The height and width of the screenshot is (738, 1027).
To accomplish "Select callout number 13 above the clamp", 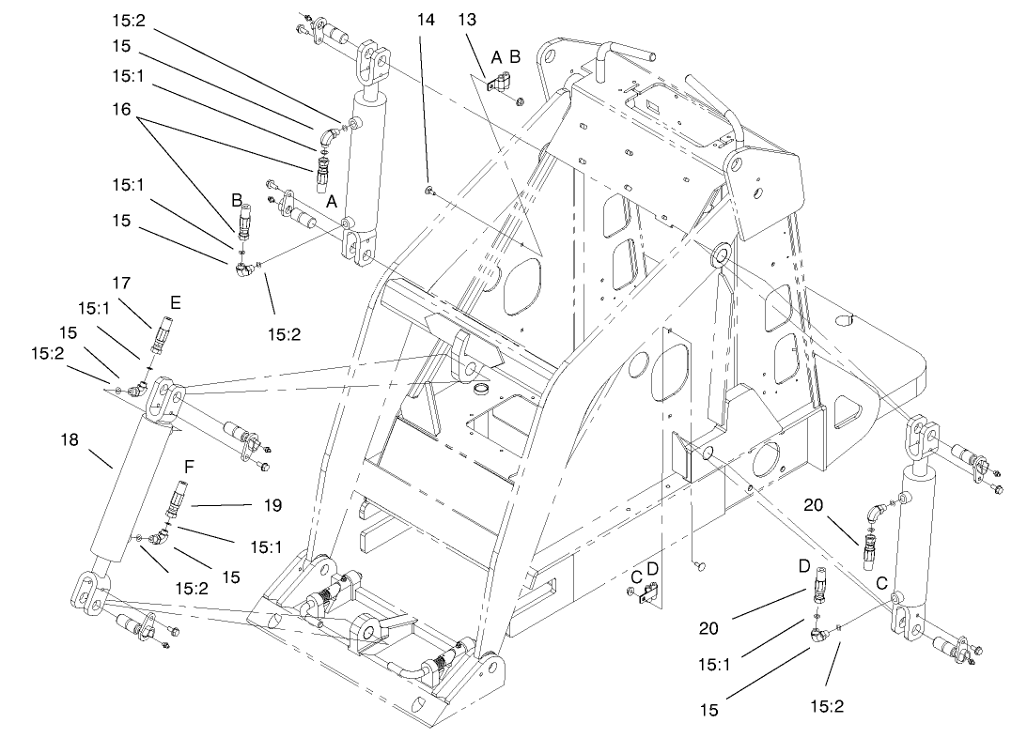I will (468, 20).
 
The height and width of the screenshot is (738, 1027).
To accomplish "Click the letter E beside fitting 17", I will (175, 302).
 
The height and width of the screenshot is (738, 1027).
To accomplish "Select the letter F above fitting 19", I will (189, 466).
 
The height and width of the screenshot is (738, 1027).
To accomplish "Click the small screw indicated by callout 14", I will (428, 192).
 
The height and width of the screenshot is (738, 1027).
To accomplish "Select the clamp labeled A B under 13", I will (497, 85).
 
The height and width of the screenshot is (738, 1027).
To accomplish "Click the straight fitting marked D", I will (819, 586).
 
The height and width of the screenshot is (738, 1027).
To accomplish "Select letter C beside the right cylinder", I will (880, 583).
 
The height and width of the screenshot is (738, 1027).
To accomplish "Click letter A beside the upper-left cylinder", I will (330, 201).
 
